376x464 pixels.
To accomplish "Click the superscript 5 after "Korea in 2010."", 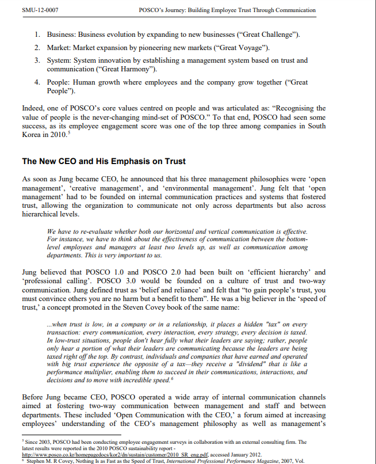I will click(70, 134).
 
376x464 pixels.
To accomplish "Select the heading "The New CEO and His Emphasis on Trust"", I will click(103, 161).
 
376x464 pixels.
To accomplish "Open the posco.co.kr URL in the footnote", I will click(144, 454).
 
